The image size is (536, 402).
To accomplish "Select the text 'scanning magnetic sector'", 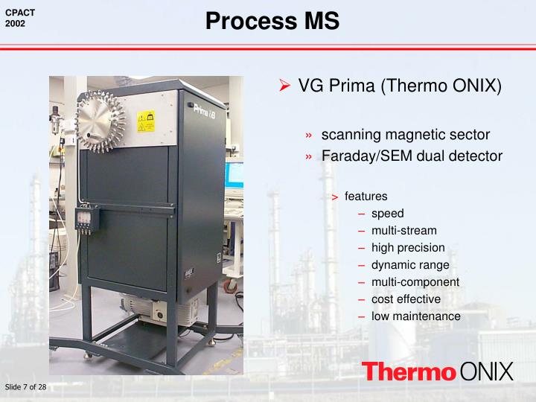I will click(395, 135).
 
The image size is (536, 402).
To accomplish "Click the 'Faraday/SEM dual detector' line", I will click(412, 156).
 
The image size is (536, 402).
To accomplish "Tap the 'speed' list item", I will click(387, 214).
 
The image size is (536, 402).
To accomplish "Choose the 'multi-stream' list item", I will click(403, 231).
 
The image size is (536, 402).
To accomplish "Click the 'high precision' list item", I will click(408, 248).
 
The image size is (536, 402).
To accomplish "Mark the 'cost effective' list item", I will click(406, 299).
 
